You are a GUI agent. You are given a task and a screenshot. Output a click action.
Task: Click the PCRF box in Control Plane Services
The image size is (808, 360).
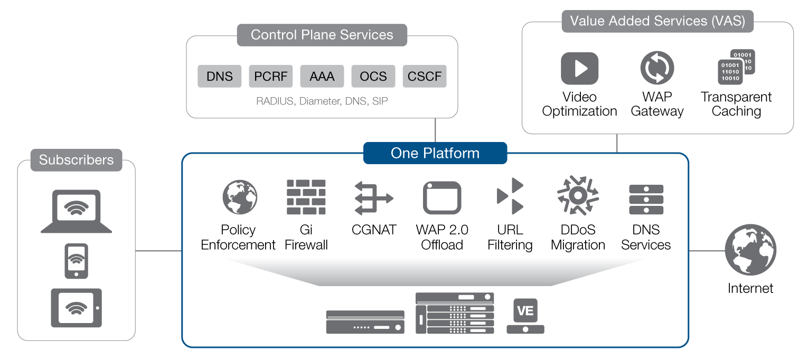pyautogui.click(x=270, y=76)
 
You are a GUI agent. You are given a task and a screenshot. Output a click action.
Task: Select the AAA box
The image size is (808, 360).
pyautogui.click(x=322, y=76)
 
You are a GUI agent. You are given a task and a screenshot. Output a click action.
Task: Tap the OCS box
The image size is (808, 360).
pyautogui.click(x=373, y=76)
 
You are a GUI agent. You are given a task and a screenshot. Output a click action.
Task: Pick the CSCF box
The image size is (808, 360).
pyautogui.click(x=425, y=76)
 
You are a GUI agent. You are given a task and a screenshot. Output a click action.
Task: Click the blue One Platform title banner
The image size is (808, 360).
pyautogui.click(x=435, y=153)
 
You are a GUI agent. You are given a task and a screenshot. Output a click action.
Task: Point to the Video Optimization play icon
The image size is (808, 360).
pyautogui.click(x=580, y=68)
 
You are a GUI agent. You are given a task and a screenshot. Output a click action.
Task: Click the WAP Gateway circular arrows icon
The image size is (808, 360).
pyautogui.click(x=657, y=68)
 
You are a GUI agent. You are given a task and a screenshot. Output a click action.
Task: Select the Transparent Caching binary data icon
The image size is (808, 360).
pyautogui.click(x=736, y=67)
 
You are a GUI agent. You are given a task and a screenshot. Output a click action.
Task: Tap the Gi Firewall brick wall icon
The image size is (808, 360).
pyautogui.click(x=306, y=197)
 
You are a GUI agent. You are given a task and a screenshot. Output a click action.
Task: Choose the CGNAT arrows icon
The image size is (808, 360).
pyautogui.click(x=374, y=198)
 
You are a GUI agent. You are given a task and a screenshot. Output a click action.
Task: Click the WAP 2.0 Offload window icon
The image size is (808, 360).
pyautogui.click(x=442, y=197)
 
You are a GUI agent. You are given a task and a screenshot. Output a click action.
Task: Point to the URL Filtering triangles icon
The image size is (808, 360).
pyautogui.click(x=510, y=196)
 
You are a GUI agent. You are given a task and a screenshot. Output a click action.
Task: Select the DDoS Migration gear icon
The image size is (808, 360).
pyautogui.click(x=578, y=195)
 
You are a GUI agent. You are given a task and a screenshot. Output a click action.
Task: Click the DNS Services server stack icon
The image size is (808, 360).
pyautogui.click(x=646, y=200)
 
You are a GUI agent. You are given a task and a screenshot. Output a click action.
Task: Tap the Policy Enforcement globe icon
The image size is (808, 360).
pyautogui.click(x=240, y=197)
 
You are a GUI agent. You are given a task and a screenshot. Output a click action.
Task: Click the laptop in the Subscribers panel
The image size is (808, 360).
pyautogui.click(x=76, y=211)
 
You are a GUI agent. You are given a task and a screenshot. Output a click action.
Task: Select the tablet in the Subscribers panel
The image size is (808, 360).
pyautogui.click(x=76, y=308)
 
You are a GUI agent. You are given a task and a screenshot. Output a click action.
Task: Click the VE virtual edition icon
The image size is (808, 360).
pyautogui.click(x=525, y=316)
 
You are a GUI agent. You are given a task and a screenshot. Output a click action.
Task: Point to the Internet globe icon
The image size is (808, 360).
pyautogui.click(x=750, y=250)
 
